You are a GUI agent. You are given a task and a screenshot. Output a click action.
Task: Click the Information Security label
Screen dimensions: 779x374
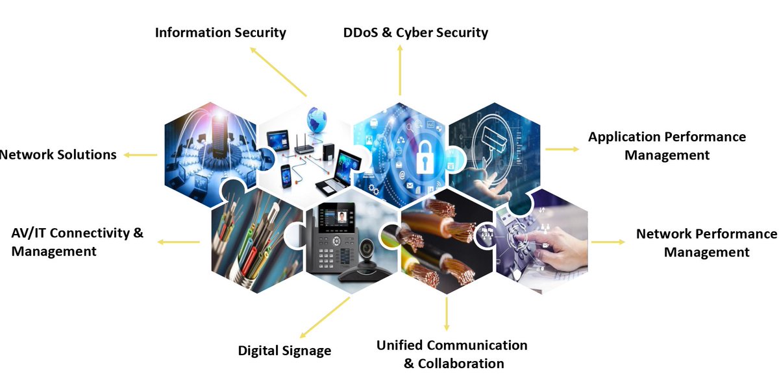click(x=220, y=32)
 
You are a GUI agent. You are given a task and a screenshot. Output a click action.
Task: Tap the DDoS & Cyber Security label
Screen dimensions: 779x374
click(x=415, y=32)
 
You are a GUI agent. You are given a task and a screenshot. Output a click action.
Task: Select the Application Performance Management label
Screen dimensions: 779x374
click(x=667, y=146)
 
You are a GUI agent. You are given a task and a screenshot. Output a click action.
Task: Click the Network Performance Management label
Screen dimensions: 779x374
click(x=706, y=243)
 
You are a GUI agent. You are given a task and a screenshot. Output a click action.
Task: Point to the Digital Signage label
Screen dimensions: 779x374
click(x=284, y=351)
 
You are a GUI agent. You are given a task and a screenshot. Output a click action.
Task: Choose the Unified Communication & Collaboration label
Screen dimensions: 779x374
click(x=452, y=354)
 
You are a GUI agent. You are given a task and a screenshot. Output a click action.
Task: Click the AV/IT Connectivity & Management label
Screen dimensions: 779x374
click(x=77, y=242)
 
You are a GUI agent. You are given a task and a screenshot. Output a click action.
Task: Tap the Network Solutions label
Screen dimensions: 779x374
click(x=58, y=154)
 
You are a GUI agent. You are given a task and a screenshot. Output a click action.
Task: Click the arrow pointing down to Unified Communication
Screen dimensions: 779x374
click(x=447, y=314)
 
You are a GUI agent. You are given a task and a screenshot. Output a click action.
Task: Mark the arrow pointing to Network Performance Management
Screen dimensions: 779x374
click(x=608, y=242)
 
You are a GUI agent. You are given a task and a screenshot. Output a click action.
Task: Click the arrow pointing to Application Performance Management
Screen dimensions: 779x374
click(x=562, y=149)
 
